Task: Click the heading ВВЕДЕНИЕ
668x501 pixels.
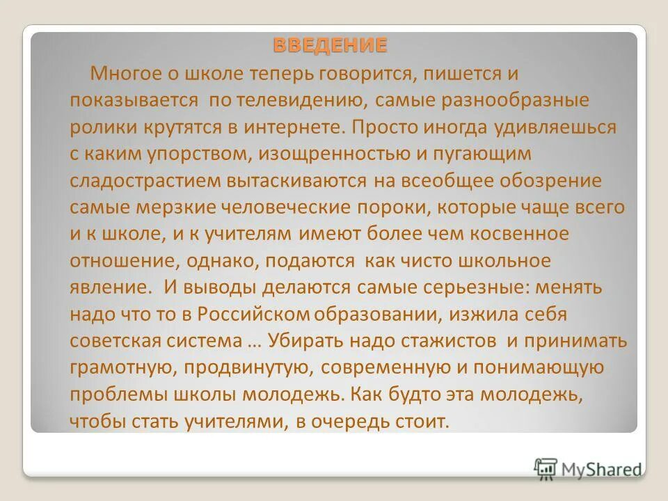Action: (x=330, y=47)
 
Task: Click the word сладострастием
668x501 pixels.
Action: (x=145, y=181)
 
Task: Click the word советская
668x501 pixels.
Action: (x=114, y=341)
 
